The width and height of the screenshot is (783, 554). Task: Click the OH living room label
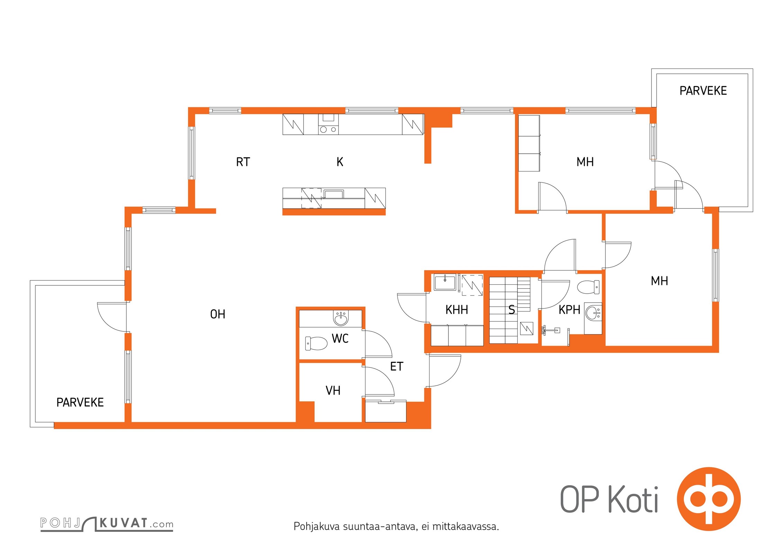coord(218,314)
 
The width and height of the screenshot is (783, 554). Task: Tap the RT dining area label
coord(243,162)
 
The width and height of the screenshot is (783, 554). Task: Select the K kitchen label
coord(340,162)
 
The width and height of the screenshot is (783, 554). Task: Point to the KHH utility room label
coord(457,310)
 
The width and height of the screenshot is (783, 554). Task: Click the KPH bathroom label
coord(569,310)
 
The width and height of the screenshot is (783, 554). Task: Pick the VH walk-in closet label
coord(333,391)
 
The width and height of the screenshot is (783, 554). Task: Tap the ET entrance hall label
coord(397,366)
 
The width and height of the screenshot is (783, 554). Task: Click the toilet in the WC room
coord(316,343)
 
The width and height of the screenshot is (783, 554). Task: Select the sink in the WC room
coord(341,318)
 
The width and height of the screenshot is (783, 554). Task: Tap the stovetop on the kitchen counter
coord(328,124)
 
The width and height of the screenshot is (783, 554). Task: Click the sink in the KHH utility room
coord(445,282)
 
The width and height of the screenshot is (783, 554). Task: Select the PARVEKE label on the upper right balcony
coord(703,91)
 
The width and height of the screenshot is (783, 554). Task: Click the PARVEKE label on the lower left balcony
coord(80,402)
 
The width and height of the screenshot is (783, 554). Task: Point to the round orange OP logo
coord(709,499)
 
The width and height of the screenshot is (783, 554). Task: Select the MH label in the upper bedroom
coord(585,162)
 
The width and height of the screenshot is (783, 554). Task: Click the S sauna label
coord(512,310)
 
